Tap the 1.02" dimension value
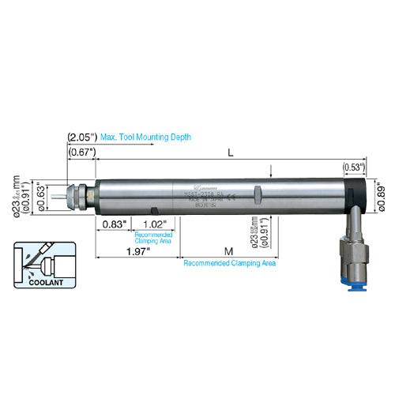(x=155, y=224)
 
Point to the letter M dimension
(x=228, y=251)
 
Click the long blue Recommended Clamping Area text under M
(x=229, y=263)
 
